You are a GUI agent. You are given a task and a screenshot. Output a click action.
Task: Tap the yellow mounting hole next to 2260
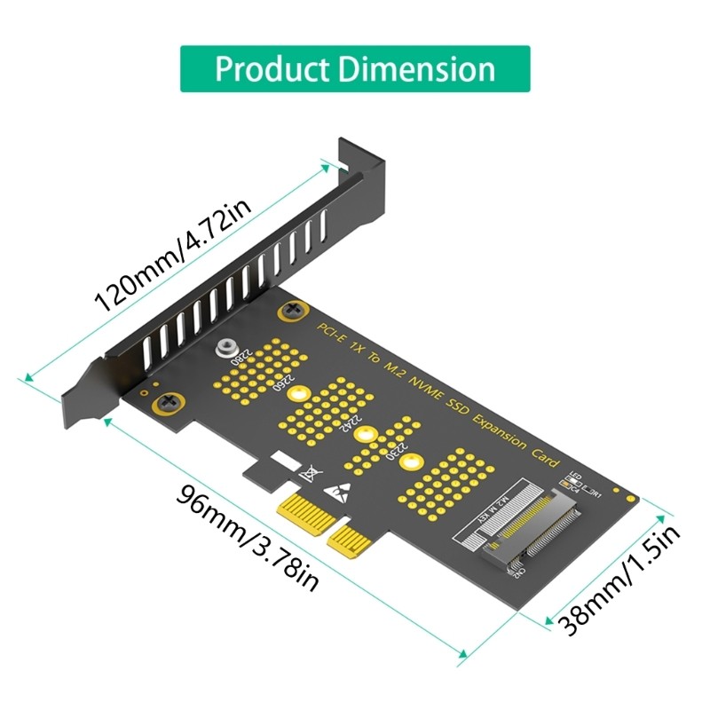(x=299, y=396)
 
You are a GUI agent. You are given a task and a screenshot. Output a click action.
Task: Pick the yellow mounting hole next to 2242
(x=363, y=434)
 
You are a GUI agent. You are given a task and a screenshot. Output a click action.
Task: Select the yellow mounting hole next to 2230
(x=409, y=462)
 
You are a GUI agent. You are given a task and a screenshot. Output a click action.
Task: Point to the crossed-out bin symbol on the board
(x=308, y=473)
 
